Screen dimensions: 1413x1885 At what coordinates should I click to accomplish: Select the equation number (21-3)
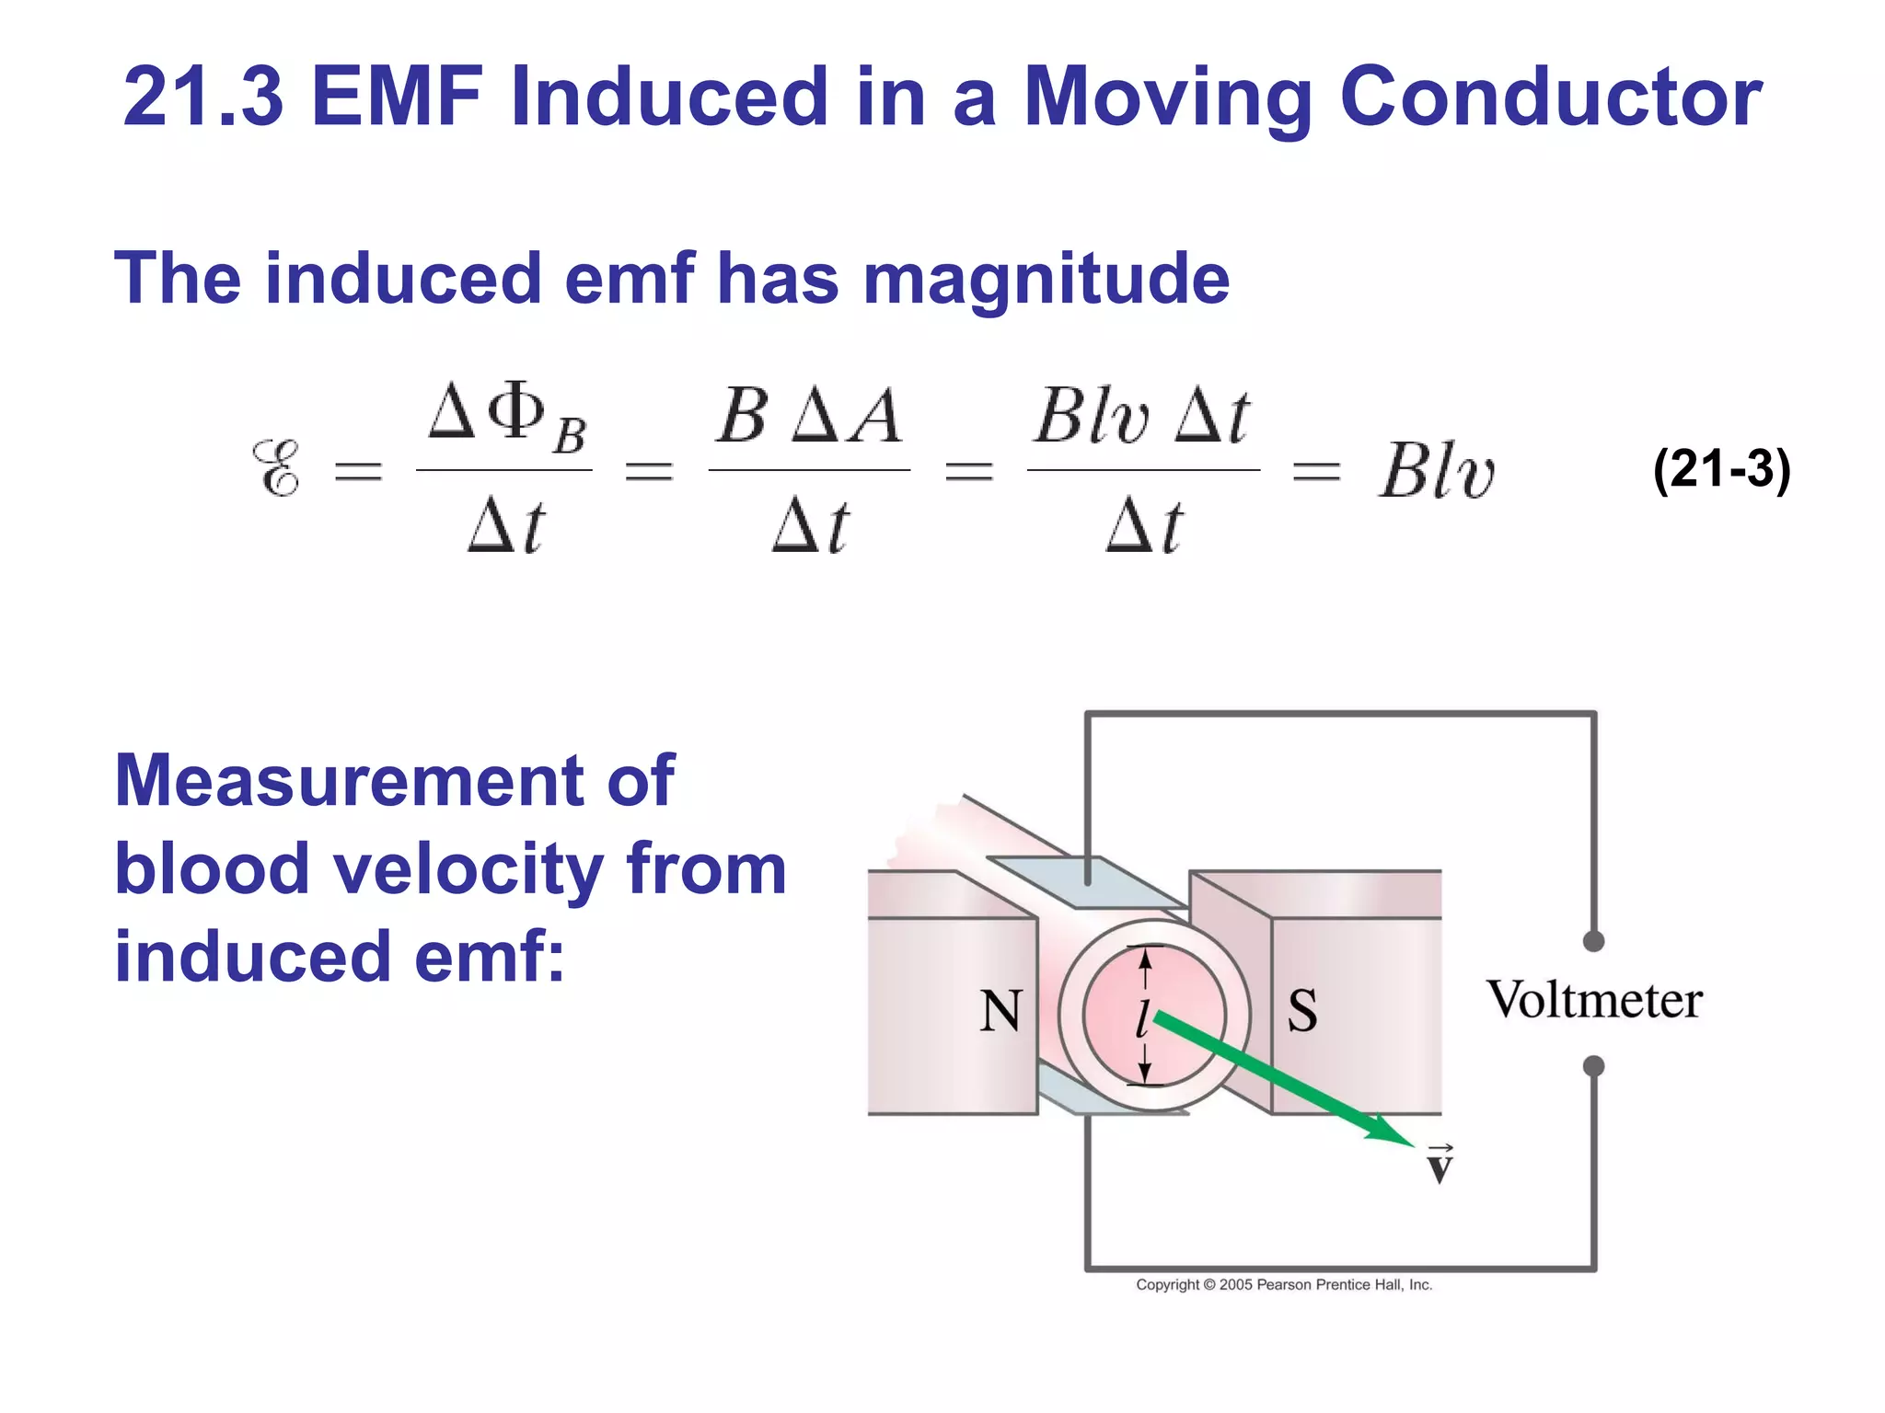(1721, 469)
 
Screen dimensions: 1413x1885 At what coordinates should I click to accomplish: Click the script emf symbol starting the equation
(276, 469)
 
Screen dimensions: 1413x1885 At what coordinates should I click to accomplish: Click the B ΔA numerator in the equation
(809, 416)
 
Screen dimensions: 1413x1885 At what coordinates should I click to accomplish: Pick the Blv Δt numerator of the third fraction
(1141, 416)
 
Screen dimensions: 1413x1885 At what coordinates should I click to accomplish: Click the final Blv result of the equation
(1436, 471)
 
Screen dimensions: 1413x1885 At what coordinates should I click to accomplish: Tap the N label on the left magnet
(1000, 1011)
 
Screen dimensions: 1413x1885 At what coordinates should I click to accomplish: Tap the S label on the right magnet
(1301, 1011)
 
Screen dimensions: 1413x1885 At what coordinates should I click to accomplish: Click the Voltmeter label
(1594, 1000)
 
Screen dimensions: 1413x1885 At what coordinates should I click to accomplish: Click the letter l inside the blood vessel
(1142, 1017)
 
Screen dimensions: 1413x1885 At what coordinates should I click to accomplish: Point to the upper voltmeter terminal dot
(1593, 941)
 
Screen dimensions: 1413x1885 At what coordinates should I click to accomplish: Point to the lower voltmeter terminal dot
(1593, 1066)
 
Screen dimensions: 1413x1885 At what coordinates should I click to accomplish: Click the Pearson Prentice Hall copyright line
(1284, 1284)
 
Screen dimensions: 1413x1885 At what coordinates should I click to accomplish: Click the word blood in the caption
(212, 869)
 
